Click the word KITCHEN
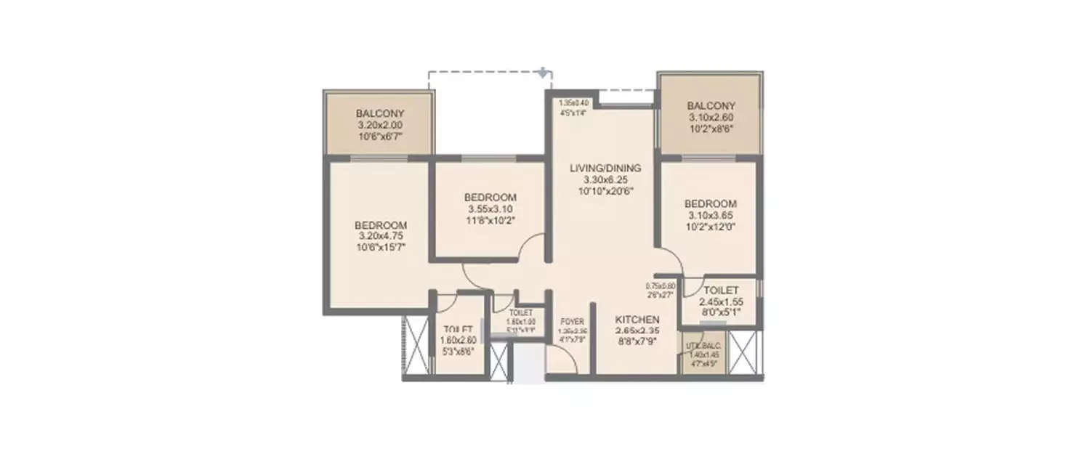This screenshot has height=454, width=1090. coord(637,320)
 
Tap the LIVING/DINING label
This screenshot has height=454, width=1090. coord(605,168)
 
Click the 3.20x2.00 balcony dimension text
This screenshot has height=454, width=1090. coord(379,125)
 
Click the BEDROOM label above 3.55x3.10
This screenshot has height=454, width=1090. coord(490,198)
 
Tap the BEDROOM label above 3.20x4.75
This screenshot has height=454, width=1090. coord(381,225)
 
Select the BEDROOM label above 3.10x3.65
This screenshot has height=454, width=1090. coord(711,204)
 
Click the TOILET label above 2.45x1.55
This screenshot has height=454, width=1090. coord(720,291)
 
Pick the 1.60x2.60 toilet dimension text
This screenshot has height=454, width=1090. coord(459,339)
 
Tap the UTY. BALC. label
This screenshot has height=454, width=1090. coord(703,347)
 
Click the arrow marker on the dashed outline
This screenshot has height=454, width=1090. coord(542,72)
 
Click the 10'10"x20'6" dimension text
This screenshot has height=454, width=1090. coord(605,191)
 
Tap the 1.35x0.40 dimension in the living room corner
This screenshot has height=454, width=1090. coord(573,103)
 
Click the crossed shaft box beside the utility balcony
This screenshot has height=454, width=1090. coord(745,353)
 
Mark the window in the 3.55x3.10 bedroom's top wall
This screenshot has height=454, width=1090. coord(488,158)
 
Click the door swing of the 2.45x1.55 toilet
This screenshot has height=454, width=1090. coord(692,285)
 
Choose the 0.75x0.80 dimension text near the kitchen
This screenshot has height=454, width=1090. coord(661,286)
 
